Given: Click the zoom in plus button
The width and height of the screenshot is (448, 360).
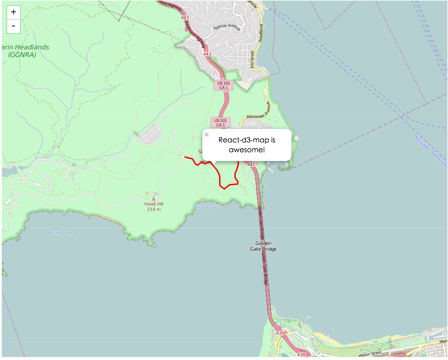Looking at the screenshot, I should point(14,12).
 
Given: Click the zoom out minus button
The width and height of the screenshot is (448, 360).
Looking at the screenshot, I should point(14,26).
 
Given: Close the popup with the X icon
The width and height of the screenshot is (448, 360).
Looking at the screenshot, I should point(207,135).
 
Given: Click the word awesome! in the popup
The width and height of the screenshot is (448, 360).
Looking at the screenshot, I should point(247,150).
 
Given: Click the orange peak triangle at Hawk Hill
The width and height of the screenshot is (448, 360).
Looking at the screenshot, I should point(154,199).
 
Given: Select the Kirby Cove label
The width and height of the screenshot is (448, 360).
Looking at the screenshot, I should point(206,207).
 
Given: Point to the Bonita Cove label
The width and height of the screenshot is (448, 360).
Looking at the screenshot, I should point(60,233).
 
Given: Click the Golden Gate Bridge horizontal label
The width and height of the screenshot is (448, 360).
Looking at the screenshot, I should point(263,246).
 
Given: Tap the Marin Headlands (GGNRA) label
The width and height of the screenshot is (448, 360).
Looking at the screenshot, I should point(25,51).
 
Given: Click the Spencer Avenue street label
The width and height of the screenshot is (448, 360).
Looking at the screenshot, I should point(227,27).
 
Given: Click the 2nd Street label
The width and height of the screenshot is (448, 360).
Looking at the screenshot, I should point(252,60).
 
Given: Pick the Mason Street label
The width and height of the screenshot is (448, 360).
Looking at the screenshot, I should point(370,354).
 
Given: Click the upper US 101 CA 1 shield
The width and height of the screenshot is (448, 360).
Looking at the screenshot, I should point(223,85).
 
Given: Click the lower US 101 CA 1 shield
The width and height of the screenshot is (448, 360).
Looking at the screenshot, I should point(220,122).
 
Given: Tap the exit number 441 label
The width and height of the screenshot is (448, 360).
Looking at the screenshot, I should point(251,164).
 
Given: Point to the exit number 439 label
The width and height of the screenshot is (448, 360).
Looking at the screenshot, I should point(280,333).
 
